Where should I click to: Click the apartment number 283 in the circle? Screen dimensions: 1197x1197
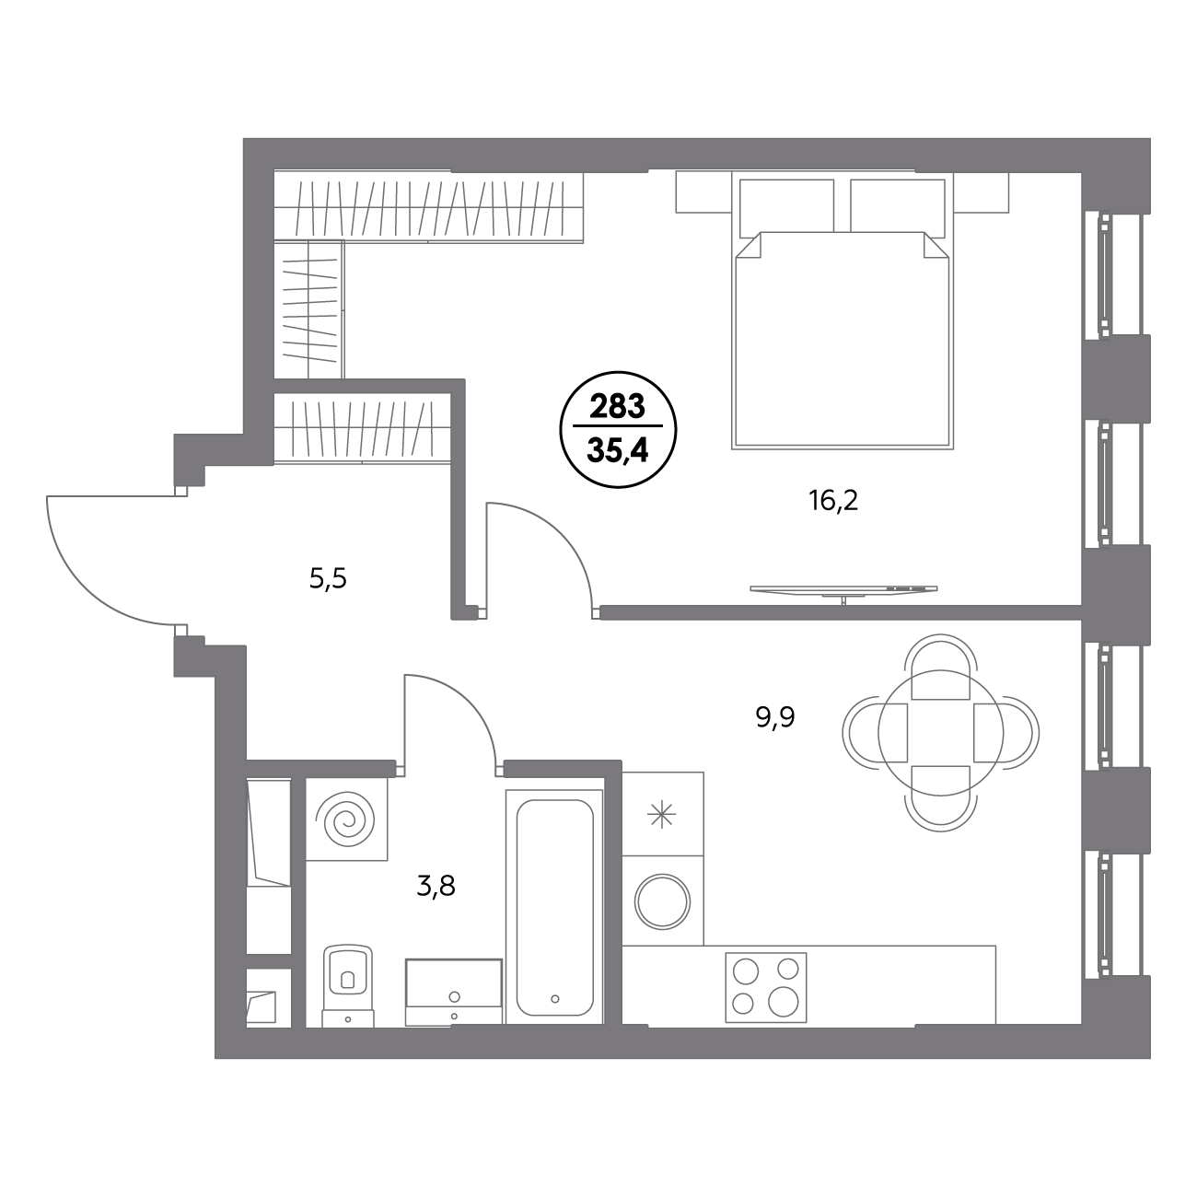(x=618, y=407)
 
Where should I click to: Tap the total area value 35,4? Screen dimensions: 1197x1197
(x=618, y=450)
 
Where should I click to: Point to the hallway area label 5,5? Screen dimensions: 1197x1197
(x=328, y=579)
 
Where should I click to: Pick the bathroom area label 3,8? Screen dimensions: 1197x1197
(x=436, y=887)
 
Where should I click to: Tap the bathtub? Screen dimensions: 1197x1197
(x=554, y=908)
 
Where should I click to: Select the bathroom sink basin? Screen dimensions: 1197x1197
(x=453, y=992)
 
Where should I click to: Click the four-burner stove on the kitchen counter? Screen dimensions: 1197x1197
(x=766, y=988)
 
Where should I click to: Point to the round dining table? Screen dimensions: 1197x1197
(x=940, y=733)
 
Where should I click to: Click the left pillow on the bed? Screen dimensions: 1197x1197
(x=786, y=206)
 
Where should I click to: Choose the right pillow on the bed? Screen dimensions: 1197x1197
(x=898, y=206)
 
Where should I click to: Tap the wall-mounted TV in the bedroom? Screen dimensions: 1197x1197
(x=843, y=589)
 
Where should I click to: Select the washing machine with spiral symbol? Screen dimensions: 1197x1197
(x=346, y=819)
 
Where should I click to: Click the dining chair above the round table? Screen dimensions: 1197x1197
(x=940, y=661)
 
